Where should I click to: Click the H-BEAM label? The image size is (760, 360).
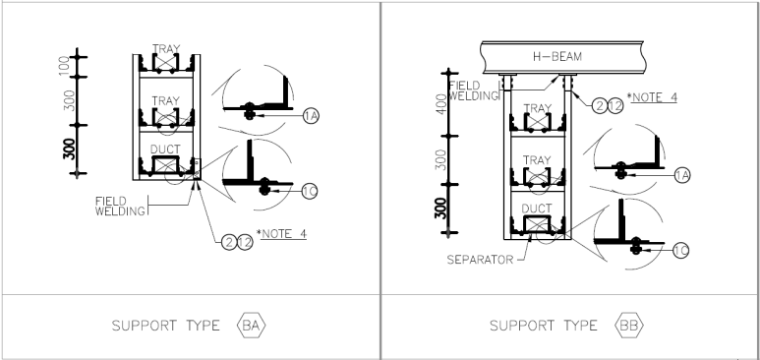[x=556, y=57]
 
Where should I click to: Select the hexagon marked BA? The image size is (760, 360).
[x=251, y=325]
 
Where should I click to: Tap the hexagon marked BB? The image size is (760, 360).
[x=628, y=325]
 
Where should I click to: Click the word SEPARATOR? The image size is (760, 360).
[x=480, y=260]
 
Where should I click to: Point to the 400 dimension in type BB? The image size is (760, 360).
[x=441, y=104]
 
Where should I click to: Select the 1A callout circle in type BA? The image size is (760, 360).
[x=311, y=116]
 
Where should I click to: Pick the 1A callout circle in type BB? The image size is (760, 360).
[x=682, y=175]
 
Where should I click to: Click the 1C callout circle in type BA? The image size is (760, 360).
[x=310, y=191]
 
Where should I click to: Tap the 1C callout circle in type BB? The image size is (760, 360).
[x=681, y=251]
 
